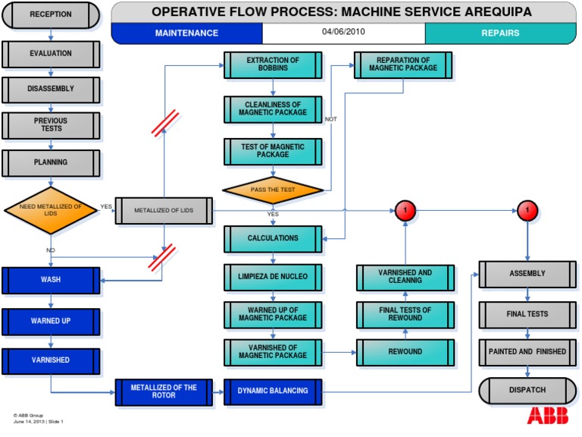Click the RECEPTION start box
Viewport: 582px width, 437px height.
pyautogui.click(x=51, y=14)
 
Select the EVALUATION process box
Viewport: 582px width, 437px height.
pyautogui.click(x=51, y=54)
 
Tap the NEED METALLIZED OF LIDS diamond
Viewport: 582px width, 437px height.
pyautogui.click(x=51, y=210)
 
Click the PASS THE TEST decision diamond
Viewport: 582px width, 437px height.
pyautogui.click(x=273, y=189)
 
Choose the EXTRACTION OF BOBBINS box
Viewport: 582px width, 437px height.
pyautogui.click(x=273, y=65)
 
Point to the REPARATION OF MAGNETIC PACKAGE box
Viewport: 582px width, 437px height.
pyautogui.click(x=403, y=65)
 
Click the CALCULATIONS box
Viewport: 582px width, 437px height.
pyautogui.click(x=273, y=239)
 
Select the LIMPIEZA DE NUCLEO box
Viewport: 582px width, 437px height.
pyautogui.click(x=273, y=277)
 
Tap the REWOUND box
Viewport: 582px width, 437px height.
pyautogui.click(x=405, y=352)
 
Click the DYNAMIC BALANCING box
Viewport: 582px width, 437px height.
pyautogui.click(x=273, y=391)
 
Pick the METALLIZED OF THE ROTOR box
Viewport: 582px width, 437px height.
pyautogui.click(x=164, y=391)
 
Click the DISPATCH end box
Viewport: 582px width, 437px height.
pyautogui.click(x=527, y=391)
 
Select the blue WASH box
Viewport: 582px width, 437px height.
pyautogui.click(x=51, y=280)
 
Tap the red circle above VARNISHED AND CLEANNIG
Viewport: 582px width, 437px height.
pyautogui.click(x=405, y=210)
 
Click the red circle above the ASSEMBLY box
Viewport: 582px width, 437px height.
pyautogui.click(x=527, y=210)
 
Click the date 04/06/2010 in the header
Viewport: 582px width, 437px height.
pyautogui.click(x=343, y=33)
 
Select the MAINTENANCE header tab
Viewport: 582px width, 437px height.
pyautogui.click(x=186, y=33)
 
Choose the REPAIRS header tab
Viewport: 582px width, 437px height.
pyautogui.click(x=500, y=33)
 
